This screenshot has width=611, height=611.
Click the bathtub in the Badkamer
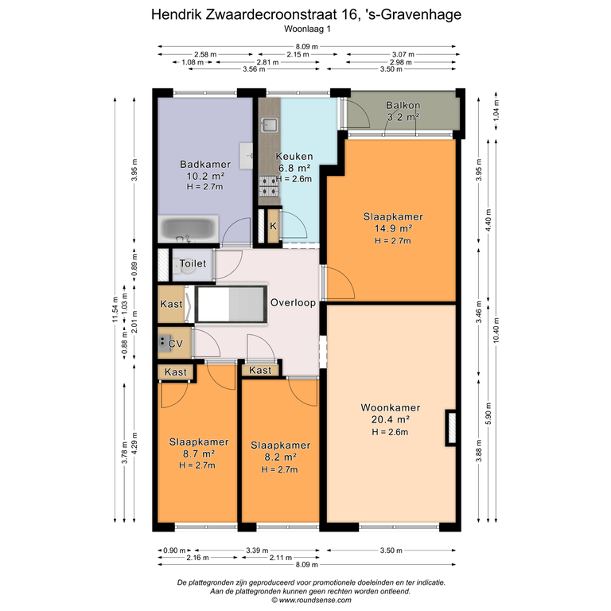click(189, 229)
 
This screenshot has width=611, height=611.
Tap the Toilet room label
click(193, 263)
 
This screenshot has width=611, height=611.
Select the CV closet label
click(175, 344)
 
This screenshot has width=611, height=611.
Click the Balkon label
click(403, 105)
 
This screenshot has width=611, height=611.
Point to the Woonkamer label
click(391, 407)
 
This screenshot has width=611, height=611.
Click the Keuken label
click(294, 156)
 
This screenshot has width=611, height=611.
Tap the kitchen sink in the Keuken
click(269, 125)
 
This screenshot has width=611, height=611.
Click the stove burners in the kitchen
click(269, 186)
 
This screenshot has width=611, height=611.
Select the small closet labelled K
click(273, 226)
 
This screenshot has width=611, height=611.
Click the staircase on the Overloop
click(231, 305)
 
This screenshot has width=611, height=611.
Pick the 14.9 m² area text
click(393, 228)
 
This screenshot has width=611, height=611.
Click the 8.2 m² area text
click(280, 457)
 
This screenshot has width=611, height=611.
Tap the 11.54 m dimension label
click(115, 309)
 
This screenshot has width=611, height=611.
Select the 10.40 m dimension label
click(496, 330)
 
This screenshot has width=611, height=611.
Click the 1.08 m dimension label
click(193, 62)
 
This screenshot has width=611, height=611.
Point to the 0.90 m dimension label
click(174, 551)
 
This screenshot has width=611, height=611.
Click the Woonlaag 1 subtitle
click(307, 29)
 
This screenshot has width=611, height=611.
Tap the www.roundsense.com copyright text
click(311, 600)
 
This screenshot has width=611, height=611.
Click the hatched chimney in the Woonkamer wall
click(451, 428)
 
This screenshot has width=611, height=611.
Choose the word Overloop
click(293, 303)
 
